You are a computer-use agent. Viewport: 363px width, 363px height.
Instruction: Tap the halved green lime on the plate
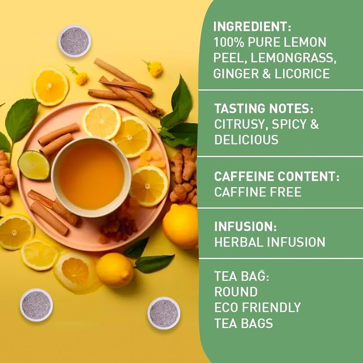(x=33, y=165)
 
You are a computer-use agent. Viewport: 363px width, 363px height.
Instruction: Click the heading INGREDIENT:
(x=252, y=26)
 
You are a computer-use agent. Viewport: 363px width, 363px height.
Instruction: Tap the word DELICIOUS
(x=246, y=140)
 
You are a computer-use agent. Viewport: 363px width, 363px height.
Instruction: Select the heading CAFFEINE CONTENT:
(x=277, y=177)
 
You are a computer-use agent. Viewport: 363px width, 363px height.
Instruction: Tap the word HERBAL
(x=238, y=242)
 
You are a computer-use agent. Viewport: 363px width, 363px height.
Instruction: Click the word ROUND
(x=236, y=292)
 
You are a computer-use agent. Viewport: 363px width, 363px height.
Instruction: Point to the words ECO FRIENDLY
(x=257, y=307)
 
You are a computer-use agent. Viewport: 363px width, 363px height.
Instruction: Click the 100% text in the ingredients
(x=228, y=42)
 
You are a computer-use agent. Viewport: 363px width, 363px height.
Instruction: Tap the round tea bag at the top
(x=74, y=41)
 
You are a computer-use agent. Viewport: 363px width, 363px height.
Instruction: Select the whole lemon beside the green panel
(x=180, y=226)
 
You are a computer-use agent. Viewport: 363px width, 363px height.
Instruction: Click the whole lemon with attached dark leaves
(x=115, y=270)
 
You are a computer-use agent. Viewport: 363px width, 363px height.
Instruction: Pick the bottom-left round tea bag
(x=36, y=305)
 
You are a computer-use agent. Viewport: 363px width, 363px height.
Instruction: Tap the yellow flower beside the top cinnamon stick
(x=155, y=69)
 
